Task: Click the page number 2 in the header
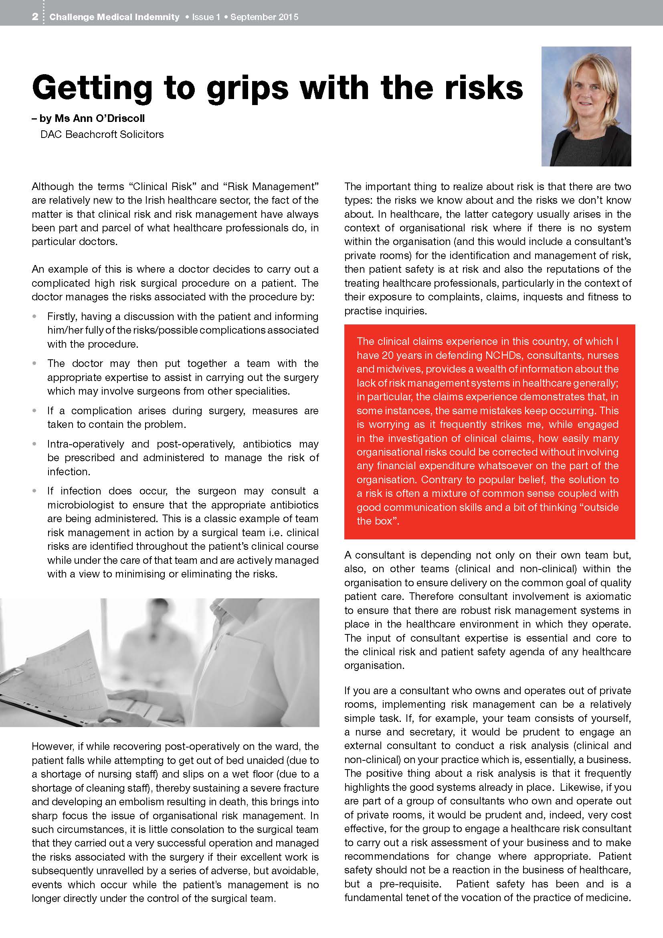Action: (36, 17)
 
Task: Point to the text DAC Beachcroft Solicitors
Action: (102, 134)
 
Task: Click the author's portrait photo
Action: (586, 106)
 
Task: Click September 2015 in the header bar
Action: (264, 17)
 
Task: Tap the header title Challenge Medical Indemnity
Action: (114, 17)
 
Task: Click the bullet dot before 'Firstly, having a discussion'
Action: (36, 316)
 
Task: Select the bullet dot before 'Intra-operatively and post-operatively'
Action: (36, 444)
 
